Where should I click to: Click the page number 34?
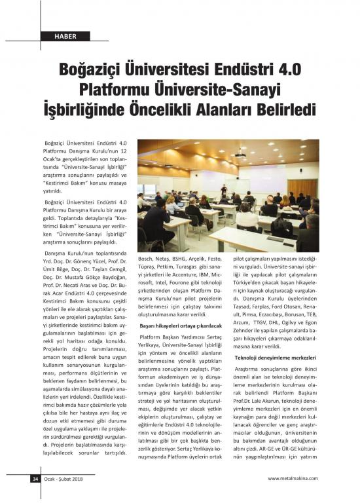[x=35, y=478]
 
